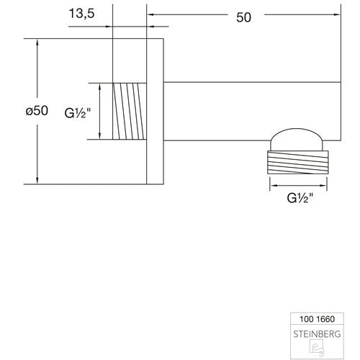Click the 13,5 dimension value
point(82,14)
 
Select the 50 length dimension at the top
point(243,17)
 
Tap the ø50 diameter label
point(37,111)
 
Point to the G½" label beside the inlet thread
point(78,113)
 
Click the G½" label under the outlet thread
point(300,198)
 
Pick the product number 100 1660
point(317,319)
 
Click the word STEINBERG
point(317,334)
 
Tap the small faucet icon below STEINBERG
point(317,348)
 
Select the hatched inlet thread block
point(130,111)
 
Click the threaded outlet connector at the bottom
point(298,162)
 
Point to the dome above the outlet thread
point(297,139)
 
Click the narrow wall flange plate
point(155,112)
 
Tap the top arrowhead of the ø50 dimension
point(37,42)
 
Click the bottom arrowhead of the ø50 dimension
point(37,181)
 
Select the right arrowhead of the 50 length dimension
point(337,14)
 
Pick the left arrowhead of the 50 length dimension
point(150,14)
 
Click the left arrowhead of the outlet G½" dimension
point(274,185)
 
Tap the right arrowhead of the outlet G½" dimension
point(323,185)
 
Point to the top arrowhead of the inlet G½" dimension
point(100,86)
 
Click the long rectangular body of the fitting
point(252,111)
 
